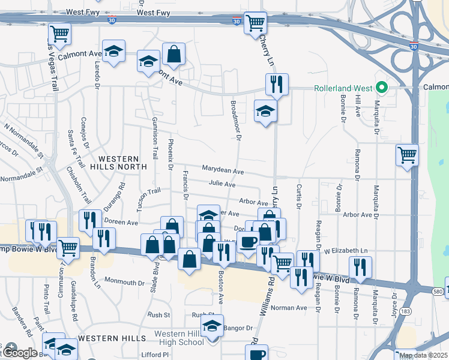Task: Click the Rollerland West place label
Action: tap(342, 88)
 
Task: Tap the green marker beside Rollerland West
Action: tap(381, 88)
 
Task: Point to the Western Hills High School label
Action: tap(179, 338)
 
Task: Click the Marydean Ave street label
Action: tap(222, 171)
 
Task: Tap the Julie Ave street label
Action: tap(222, 184)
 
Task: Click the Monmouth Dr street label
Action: tap(124, 282)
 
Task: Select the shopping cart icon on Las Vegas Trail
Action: tap(59, 34)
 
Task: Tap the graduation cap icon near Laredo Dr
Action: tap(113, 51)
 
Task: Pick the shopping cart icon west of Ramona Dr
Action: tap(407, 155)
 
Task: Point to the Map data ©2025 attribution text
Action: tap(423, 355)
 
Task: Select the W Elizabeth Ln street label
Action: tap(345, 251)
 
